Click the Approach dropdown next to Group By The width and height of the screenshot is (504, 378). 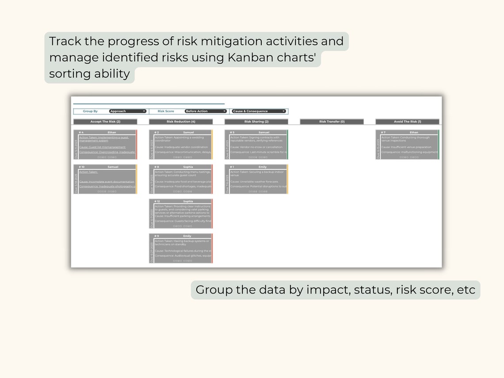pyautogui.click(x=128, y=111)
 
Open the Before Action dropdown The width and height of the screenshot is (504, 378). pyautogui.click(x=206, y=111)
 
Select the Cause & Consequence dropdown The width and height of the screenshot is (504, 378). pyautogui.click(x=259, y=111)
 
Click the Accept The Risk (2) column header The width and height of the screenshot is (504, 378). pyautogui.click(x=105, y=122)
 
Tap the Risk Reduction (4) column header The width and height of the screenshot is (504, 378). pyautogui.click(x=181, y=122)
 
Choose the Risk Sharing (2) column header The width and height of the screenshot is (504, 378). pyautogui.click(x=256, y=122)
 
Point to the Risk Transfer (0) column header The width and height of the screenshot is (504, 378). pyautogui.click(x=332, y=122)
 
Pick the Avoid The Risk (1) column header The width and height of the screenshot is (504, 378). pyautogui.click(x=407, y=122)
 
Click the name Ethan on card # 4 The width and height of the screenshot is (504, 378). pyautogui.click(x=112, y=132)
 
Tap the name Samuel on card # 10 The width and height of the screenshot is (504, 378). pyautogui.click(x=113, y=167)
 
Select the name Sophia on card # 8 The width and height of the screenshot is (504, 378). pyautogui.click(x=188, y=167)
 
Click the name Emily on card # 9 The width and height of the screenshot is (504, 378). pyautogui.click(x=187, y=236)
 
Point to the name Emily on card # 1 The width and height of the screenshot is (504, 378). pyautogui.click(x=263, y=167)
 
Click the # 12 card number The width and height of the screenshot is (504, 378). pyautogui.click(x=157, y=201)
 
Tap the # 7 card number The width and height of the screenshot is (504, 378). pyautogui.click(x=383, y=132)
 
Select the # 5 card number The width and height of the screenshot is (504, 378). pyautogui.click(x=232, y=132)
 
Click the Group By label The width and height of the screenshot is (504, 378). pyautogui.click(x=90, y=111)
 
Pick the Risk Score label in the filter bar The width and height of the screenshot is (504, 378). pyautogui.click(x=166, y=111)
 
